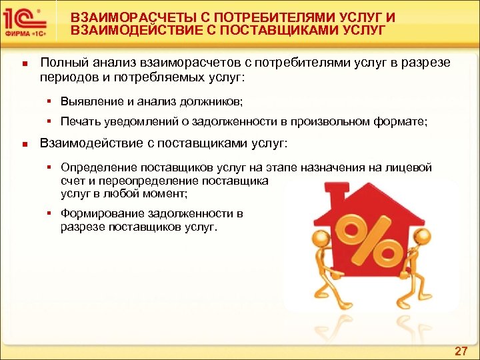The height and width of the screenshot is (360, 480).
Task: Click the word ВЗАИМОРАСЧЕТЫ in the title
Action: tap(120, 15)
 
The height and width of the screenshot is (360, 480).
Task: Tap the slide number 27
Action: tap(461, 351)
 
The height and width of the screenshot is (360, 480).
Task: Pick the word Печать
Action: tap(80, 122)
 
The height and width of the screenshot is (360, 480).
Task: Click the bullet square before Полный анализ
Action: tap(23, 64)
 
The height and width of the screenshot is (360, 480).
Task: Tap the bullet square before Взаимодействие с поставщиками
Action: tap(23, 143)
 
